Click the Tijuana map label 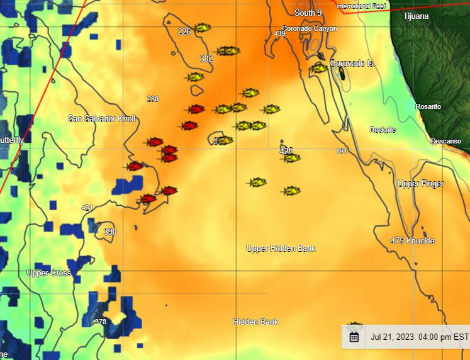click(416, 16)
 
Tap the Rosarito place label click(428, 107)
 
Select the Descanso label click(446, 142)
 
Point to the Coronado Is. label click(352, 64)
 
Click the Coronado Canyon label click(310, 29)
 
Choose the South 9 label click(308, 13)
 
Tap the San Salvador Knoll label click(101, 119)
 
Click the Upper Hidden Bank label click(281, 249)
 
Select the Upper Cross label click(49, 273)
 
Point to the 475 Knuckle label click(412, 241)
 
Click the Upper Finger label click(420, 184)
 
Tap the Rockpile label click(383, 130)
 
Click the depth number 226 click(184, 32)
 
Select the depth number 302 click(206, 59)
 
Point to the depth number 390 click(110, 232)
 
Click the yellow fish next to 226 click(202, 28)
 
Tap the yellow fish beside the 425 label click(291, 158)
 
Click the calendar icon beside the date click(354, 337)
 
